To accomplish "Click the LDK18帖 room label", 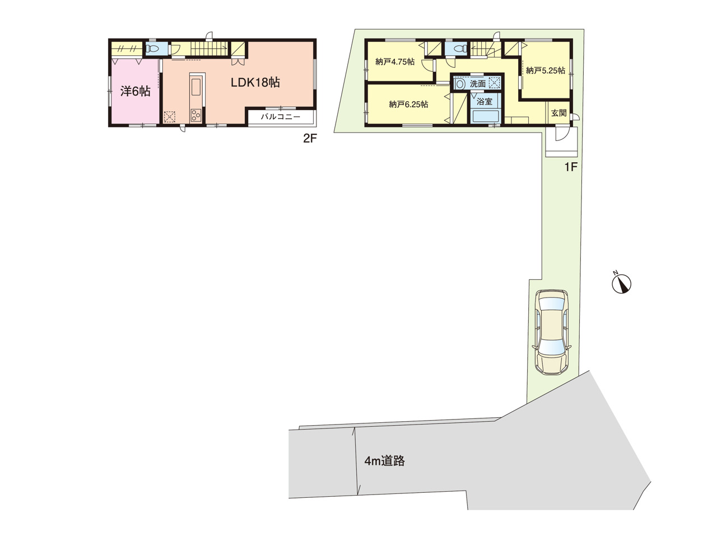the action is (x=255, y=82).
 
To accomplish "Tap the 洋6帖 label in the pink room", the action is (x=135, y=91).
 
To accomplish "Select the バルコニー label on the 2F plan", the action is (x=280, y=116).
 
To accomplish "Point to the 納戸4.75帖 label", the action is (x=395, y=62).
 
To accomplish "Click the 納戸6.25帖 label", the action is (x=409, y=105).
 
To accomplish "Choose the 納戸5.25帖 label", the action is (x=546, y=70).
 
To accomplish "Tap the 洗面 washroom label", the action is (x=478, y=84).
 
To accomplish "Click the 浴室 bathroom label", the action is (x=485, y=101).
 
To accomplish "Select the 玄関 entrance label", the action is (x=559, y=113).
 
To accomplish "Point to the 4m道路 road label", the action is (x=384, y=461).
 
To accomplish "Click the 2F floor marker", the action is (x=310, y=139).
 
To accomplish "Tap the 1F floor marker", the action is (x=571, y=167).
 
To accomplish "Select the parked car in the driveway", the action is (x=552, y=332).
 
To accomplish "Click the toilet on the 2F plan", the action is (x=152, y=49).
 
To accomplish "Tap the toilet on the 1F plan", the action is (x=460, y=49).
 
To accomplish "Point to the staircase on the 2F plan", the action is (x=209, y=49).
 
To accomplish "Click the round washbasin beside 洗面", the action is (x=460, y=83).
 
